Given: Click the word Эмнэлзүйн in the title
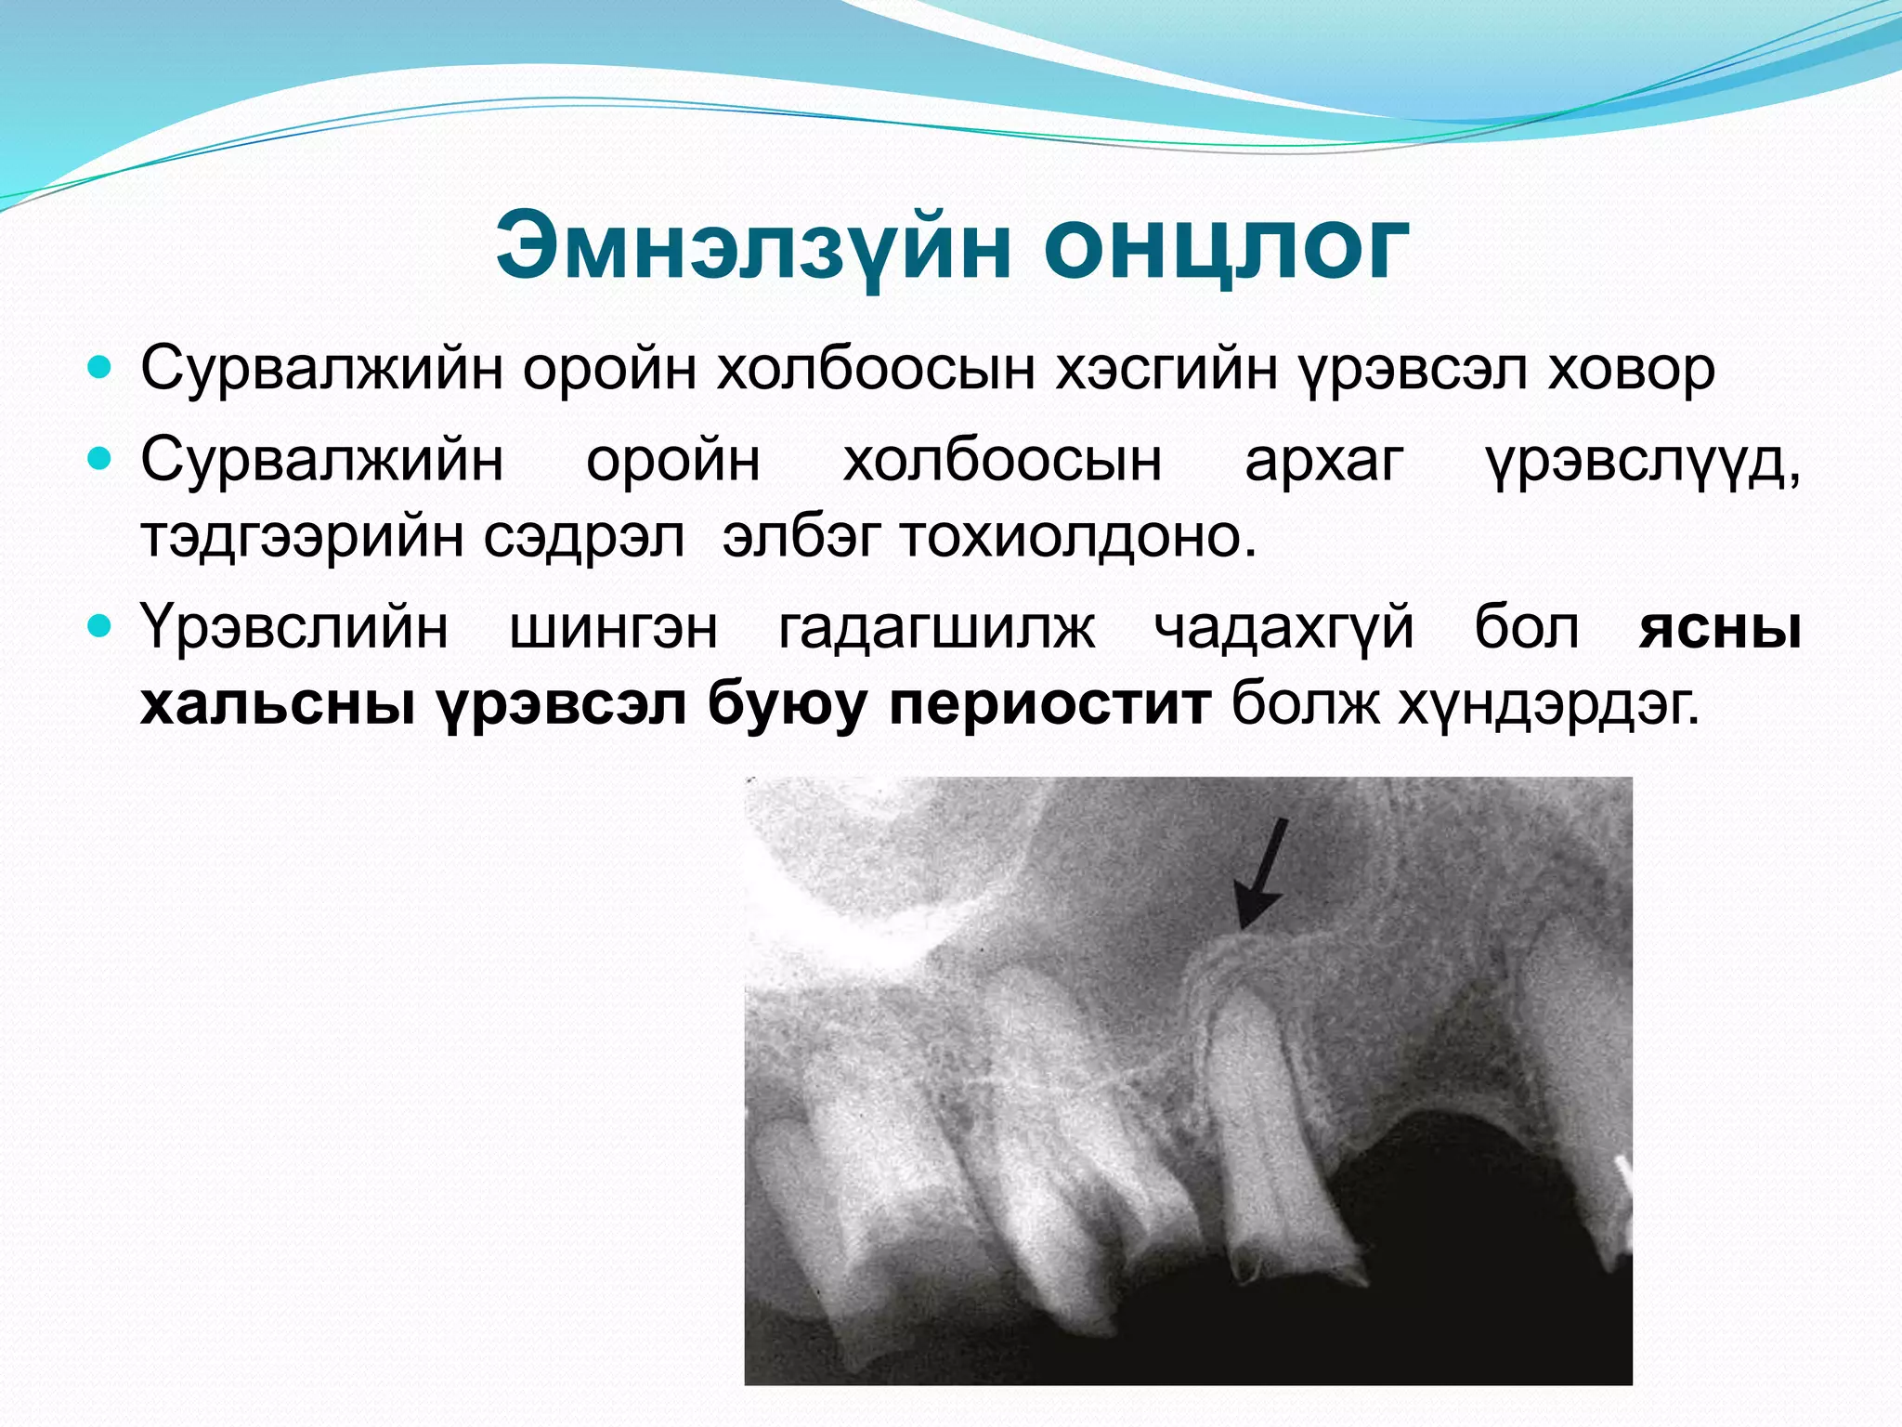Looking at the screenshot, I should click(x=752, y=247).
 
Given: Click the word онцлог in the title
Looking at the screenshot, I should click(x=1225, y=247).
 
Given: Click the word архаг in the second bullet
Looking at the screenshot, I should click(x=1324, y=461).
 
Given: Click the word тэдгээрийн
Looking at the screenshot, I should click(x=301, y=537).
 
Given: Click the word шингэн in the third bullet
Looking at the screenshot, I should click(x=614, y=627).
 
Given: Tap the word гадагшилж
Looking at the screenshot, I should click(x=936, y=627).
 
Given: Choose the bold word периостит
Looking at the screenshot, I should click(x=1049, y=704).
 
